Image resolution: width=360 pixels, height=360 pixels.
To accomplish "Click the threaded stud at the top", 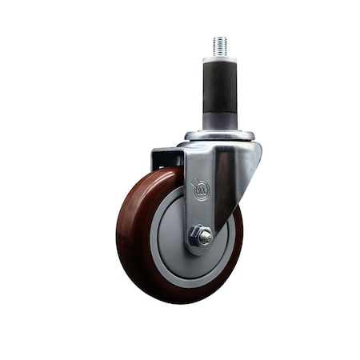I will point(219,46).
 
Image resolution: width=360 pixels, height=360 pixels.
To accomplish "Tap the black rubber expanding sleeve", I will point(219,87).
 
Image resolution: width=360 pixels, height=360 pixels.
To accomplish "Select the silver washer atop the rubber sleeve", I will point(219,59).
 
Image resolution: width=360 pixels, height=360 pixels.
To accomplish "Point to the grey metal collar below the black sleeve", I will point(219,122).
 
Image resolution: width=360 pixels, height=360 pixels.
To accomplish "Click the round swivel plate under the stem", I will point(219,135).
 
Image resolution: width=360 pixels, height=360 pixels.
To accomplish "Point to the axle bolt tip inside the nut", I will point(205,237).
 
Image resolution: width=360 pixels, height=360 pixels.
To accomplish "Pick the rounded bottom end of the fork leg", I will point(200,250).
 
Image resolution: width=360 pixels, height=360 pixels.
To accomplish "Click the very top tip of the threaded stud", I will point(219,37).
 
